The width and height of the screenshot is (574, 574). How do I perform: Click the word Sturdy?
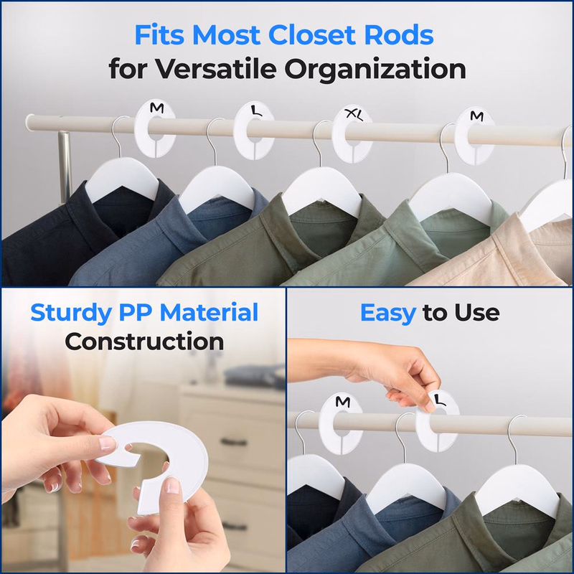[x=76, y=314]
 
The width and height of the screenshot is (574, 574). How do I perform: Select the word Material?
[x=216, y=314]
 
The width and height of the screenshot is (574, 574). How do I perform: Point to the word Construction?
[x=144, y=341]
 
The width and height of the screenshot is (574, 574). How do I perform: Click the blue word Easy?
[x=387, y=314]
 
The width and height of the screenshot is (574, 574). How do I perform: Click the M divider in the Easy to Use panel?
[x=339, y=418]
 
